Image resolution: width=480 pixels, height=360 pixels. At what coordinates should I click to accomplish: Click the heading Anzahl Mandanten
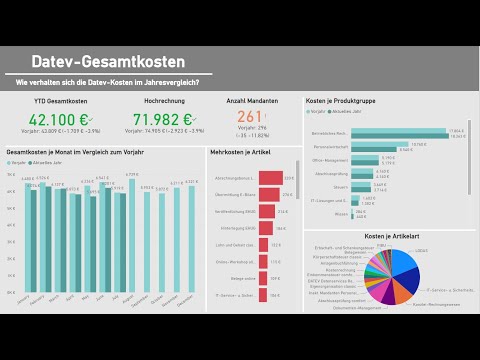point(251,101)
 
